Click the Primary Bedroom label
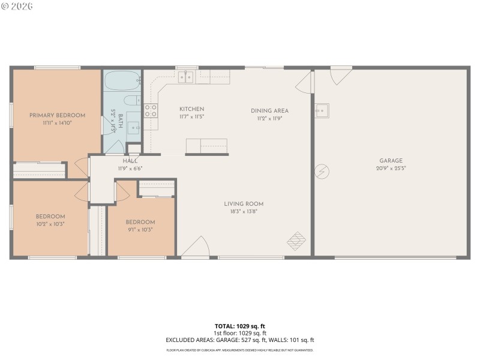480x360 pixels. click(57, 115)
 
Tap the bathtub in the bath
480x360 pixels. click(122, 80)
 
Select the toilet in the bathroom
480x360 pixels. click(131, 100)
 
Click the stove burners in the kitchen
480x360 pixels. click(151, 110)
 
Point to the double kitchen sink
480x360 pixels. click(187, 76)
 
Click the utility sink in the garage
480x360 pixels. click(322, 110)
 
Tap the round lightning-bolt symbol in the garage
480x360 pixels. click(322, 172)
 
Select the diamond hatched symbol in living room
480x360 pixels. click(296, 242)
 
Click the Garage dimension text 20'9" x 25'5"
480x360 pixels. click(391, 168)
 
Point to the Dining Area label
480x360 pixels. click(269, 110)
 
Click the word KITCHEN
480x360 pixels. click(191, 109)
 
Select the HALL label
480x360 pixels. click(130, 161)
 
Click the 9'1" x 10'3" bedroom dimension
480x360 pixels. click(140, 229)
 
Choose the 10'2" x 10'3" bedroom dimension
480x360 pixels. click(50, 224)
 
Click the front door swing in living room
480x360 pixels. click(195, 247)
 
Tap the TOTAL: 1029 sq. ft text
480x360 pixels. click(239, 326)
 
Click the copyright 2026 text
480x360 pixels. click(17, 6)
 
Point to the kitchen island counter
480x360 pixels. click(206, 146)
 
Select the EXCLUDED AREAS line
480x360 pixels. click(239, 340)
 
